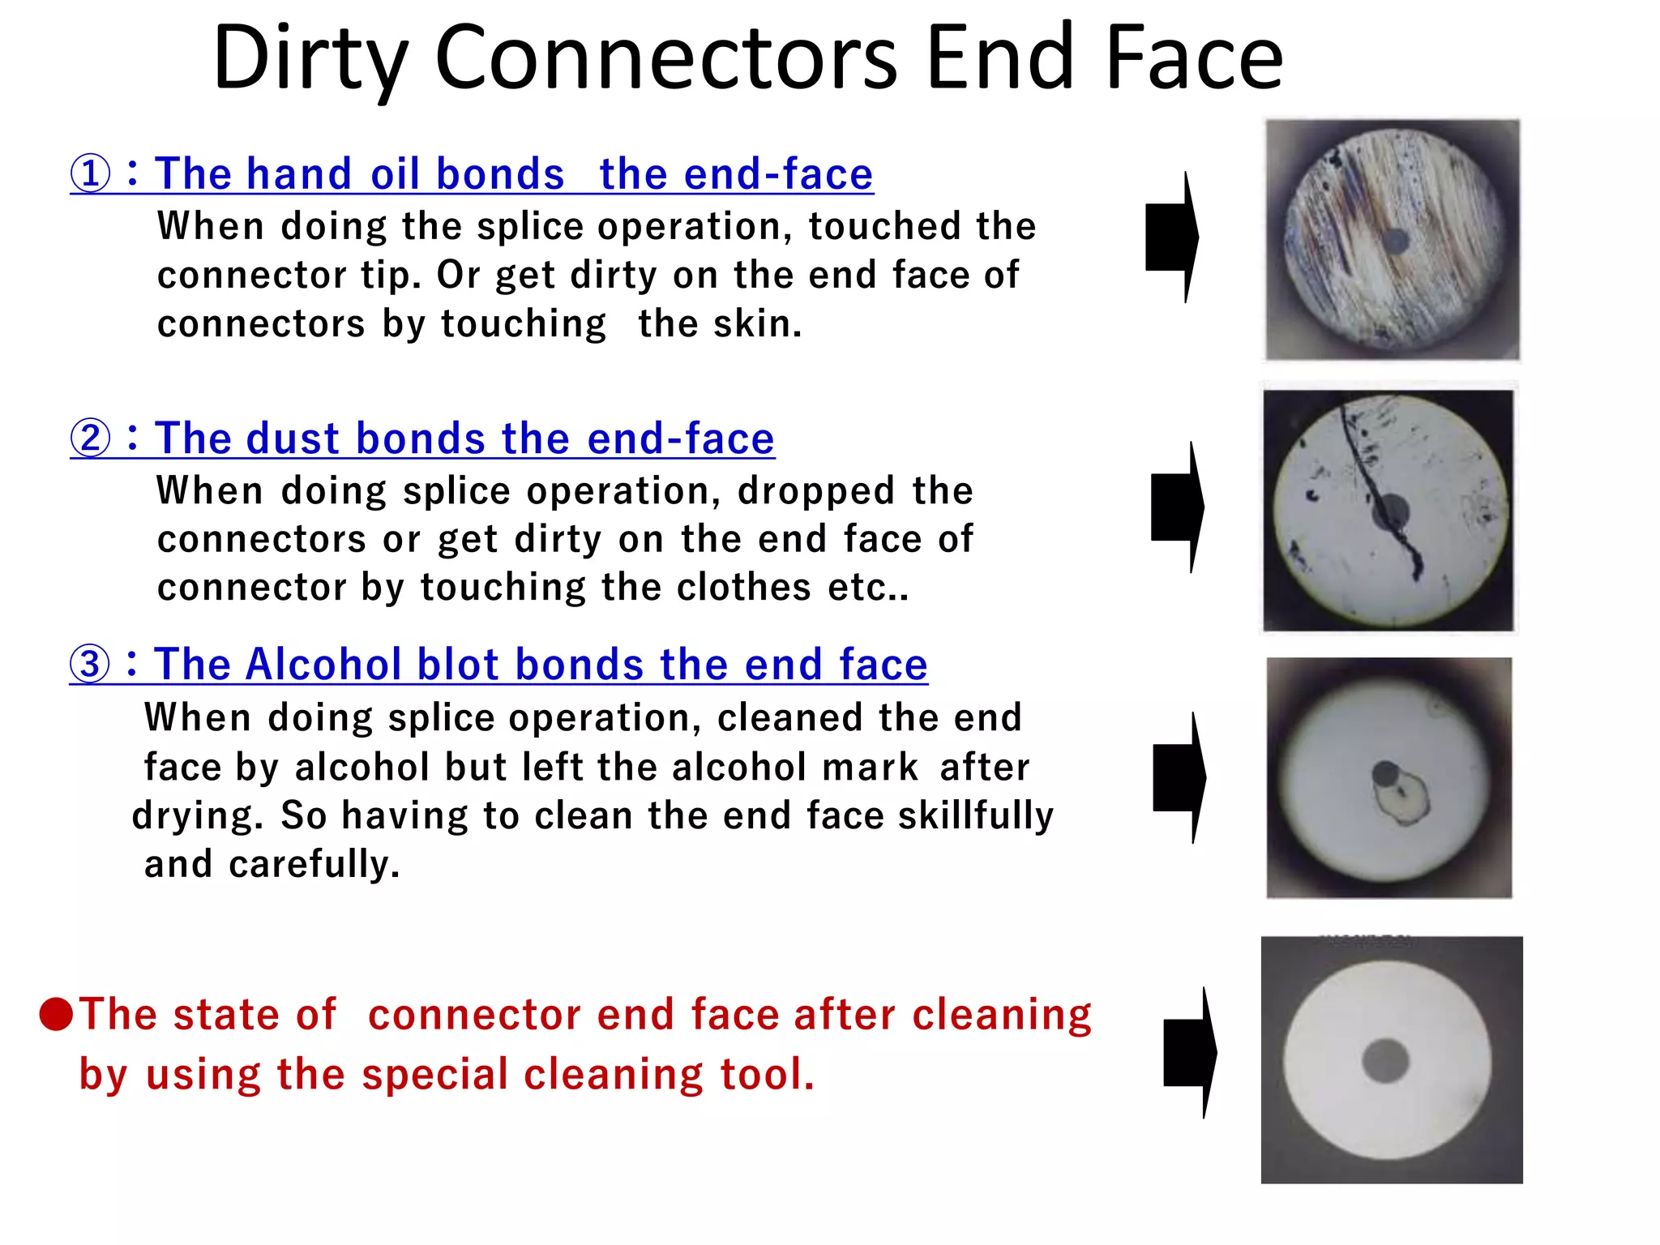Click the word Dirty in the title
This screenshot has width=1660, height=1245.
[x=310, y=58]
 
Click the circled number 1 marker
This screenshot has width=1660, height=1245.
[x=90, y=174]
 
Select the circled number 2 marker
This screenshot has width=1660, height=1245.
[x=90, y=439]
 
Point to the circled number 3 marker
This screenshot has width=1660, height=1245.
[x=89, y=665]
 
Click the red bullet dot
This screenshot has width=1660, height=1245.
[x=57, y=1014]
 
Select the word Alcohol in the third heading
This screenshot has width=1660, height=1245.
[x=321, y=665]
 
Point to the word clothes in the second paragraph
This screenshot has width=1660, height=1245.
[x=743, y=588]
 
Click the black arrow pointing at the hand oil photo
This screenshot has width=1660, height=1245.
[x=1172, y=237]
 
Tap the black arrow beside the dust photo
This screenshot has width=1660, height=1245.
[x=1178, y=507]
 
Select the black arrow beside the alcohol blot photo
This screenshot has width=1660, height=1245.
[x=1179, y=777]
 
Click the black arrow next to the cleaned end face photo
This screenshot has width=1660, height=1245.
[x=1190, y=1053]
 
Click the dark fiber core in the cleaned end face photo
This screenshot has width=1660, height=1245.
[x=1386, y=1060]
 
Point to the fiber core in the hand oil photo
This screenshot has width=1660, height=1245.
[x=1395, y=241]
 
